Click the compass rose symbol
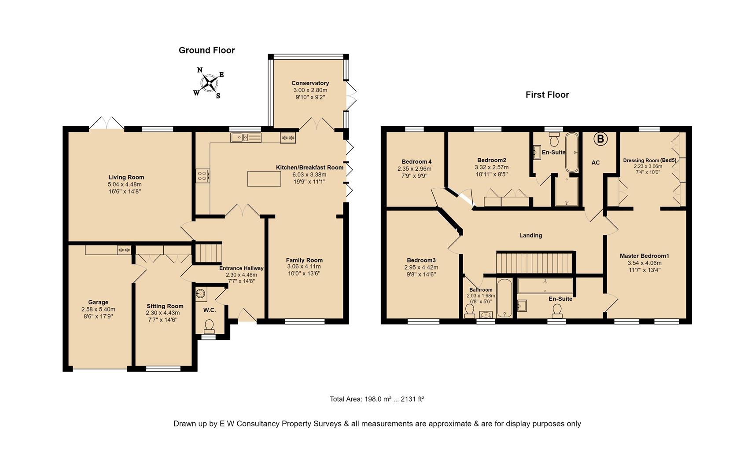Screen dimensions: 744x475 point(209,83)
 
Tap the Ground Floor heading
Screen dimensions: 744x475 point(206,50)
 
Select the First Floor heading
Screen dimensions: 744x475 point(547,95)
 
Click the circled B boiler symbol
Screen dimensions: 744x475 point(600,139)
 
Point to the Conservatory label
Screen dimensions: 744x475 point(310,83)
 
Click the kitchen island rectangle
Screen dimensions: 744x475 point(264,179)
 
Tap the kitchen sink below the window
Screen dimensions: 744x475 point(246,137)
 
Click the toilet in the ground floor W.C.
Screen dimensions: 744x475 point(209,327)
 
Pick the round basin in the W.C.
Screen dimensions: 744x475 point(201,294)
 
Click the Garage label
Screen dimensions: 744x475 point(98,302)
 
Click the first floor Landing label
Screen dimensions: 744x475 point(530,235)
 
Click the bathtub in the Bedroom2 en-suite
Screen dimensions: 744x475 point(572,152)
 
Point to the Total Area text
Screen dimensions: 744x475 point(377,399)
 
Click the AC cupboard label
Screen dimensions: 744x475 point(596,163)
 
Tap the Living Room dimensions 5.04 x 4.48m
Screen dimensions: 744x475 point(125,184)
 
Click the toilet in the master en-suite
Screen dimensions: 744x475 point(557,311)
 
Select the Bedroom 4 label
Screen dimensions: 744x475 point(416,162)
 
